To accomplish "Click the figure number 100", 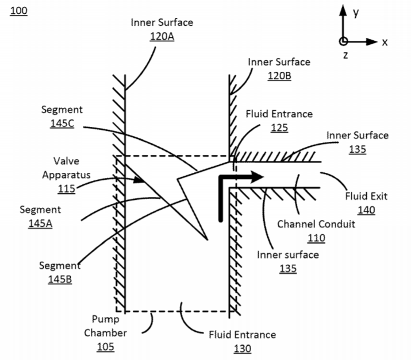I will click(18, 11).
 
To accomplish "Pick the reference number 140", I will click(366, 210).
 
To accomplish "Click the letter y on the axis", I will click(356, 13).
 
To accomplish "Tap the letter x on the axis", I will click(385, 42).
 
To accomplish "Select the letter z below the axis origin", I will click(345, 55).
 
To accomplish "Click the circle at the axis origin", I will click(343, 41).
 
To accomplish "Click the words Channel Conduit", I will click(316, 223).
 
